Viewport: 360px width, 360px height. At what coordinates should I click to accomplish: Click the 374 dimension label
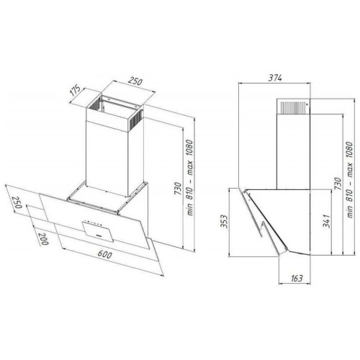(x=275, y=78)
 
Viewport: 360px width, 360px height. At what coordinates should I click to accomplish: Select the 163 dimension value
(x=297, y=278)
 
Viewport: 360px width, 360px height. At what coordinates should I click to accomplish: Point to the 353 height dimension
(x=224, y=221)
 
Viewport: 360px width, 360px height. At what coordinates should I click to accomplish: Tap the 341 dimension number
(x=326, y=221)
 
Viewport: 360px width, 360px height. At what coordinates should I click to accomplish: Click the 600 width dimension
(x=105, y=254)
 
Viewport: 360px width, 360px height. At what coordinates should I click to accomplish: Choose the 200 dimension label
(x=43, y=239)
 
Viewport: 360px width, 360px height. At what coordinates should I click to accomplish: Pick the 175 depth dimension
(x=76, y=91)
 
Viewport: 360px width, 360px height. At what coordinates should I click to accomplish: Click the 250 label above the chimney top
(x=135, y=81)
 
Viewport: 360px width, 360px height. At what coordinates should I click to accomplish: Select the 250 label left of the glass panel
(x=17, y=202)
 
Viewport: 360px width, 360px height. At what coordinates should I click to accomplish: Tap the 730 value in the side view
(x=338, y=184)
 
